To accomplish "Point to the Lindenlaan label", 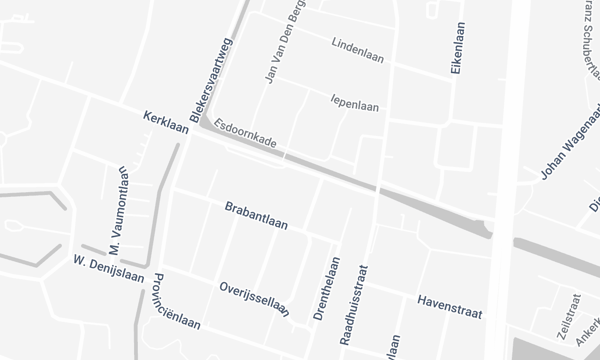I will (357, 47).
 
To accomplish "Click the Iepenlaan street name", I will (354, 103).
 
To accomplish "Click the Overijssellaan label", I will (254, 298).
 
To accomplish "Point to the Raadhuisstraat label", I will (354, 306).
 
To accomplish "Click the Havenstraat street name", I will (450, 301).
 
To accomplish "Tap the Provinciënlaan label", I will (177, 302).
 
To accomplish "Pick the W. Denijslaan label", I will (109, 267).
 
